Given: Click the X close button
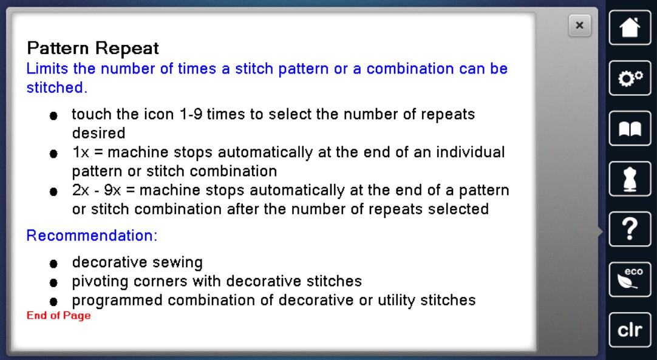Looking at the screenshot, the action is coord(579,25).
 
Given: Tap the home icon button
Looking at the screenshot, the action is coord(630,28).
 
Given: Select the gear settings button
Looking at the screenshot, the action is coord(630,78).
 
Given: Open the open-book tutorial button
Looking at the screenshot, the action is coord(630,128).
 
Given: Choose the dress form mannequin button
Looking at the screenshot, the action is coord(630,178).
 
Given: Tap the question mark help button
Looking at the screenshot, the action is coord(630,229).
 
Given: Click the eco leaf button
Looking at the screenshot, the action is coord(630,279).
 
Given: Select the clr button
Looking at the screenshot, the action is coord(630,330).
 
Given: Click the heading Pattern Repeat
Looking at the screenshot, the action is coord(93,49).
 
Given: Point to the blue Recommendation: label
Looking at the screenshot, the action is coord(92,236).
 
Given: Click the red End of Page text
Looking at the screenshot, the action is coord(59,316).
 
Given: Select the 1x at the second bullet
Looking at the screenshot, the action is coord(81,152).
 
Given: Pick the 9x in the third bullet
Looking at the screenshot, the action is coord(112,190).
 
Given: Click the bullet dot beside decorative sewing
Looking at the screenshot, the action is coord(53,263).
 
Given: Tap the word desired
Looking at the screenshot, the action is coord(99,134).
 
